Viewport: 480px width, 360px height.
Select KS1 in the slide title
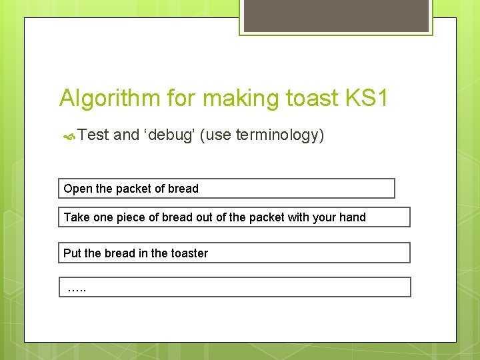point(366,99)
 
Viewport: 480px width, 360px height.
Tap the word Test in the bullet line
point(93,135)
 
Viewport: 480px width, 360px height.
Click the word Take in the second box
point(76,217)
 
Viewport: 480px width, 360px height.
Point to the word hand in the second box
point(353,217)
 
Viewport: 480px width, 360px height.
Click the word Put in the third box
point(72,253)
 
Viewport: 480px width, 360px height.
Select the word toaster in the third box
point(189,253)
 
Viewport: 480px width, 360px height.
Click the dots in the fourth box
point(77,289)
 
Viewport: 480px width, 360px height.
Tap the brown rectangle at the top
point(335,15)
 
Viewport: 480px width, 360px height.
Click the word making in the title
point(241,99)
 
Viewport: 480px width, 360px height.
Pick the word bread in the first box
point(183,189)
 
